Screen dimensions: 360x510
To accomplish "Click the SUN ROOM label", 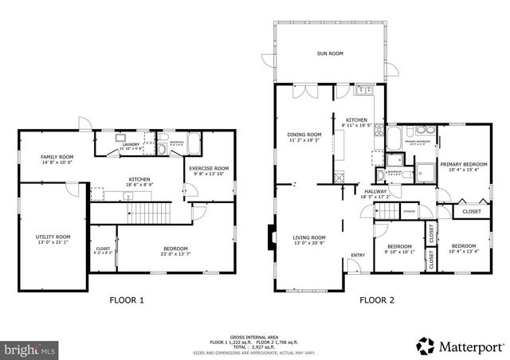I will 329,53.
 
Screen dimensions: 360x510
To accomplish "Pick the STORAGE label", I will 409,211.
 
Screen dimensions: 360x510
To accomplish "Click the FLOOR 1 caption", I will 127,301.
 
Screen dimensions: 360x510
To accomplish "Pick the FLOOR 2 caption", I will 376,301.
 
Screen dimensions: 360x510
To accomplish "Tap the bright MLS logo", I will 29,348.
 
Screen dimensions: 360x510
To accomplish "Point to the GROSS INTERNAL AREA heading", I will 254,335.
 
